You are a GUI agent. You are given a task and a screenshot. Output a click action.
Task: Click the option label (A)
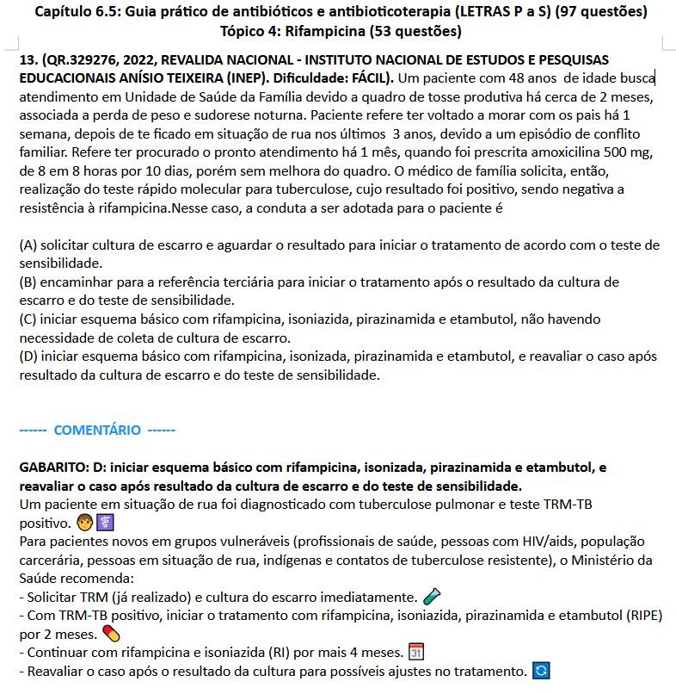pos(28,245)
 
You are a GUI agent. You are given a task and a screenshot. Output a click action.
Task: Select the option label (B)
pos(28,282)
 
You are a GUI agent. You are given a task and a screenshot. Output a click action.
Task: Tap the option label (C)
pos(28,319)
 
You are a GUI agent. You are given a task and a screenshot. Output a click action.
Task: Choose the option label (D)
pos(28,356)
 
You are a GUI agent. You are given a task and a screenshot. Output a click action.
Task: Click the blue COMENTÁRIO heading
pos(97,430)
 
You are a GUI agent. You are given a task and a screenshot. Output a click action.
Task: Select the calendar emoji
pos(415,653)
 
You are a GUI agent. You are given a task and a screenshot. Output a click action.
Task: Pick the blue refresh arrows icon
pos(540,672)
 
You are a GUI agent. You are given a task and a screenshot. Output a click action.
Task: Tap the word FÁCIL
pos(371,77)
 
